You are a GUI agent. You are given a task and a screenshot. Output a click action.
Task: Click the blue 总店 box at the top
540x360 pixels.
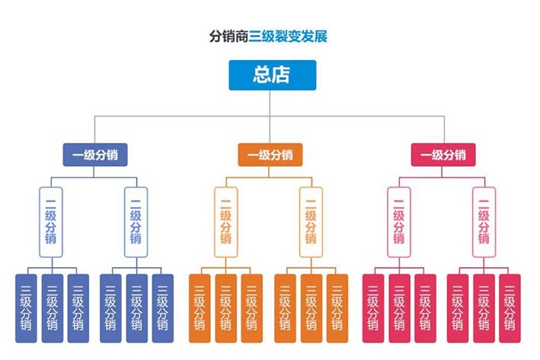click(x=272, y=75)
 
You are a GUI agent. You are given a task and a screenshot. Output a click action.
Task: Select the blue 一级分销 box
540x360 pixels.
click(x=94, y=155)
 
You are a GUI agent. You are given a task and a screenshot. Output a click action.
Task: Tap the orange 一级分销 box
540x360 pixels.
click(x=270, y=155)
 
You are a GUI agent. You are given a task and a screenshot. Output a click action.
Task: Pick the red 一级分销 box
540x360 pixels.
click(x=443, y=155)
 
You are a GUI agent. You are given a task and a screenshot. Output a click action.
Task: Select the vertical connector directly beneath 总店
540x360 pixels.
click(x=272, y=103)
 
